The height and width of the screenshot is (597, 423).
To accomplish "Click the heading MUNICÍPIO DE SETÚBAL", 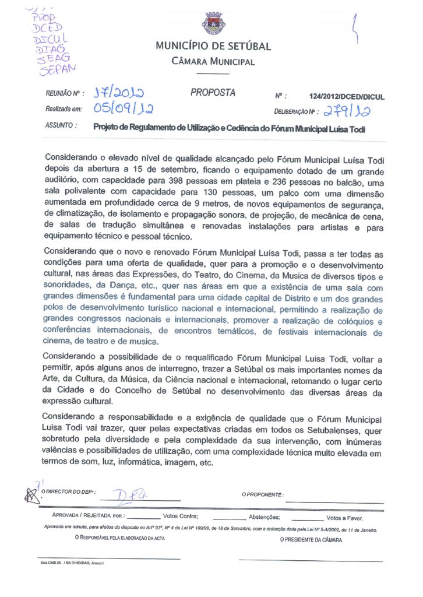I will pyautogui.click(x=213, y=47).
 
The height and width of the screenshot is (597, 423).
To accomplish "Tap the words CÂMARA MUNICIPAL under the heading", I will pyautogui.click(x=213, y=62).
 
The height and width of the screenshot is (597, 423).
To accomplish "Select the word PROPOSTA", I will pyautogui.click(x=213, y=93).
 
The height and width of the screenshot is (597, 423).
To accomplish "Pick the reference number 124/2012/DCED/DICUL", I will pyautogui.click(x=347, y=97).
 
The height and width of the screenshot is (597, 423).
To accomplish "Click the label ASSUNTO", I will pyautogui.click(x=61, y=125).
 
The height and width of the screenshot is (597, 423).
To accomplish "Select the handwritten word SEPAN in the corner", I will pyautogui.click(x=57, y=70).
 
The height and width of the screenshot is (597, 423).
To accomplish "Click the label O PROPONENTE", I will pyautogui.click(x=263, y=494).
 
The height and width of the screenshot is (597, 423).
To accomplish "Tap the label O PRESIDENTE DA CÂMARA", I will pyautogui.click(x=311, y=540).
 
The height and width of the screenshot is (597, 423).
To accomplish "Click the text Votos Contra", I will pyautogui.click(x=181, y=517).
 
